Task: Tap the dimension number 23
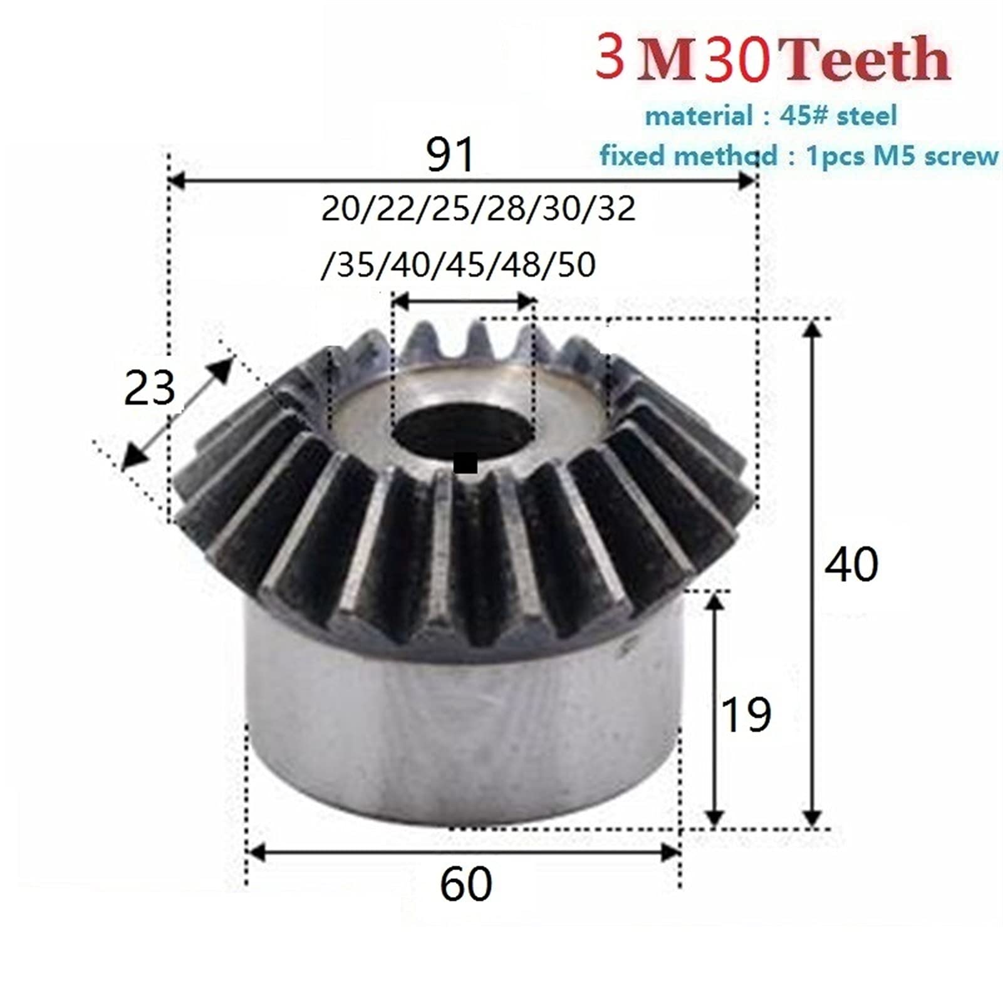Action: pos(149,388)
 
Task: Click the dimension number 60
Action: pos(465,884)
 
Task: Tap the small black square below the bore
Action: pos(465,464)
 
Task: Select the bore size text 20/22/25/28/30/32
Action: pos(478,209)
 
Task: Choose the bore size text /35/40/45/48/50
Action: pos(457,264)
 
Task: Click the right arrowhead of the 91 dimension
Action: pos(747,182)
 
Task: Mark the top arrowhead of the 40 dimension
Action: pos(813,330)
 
